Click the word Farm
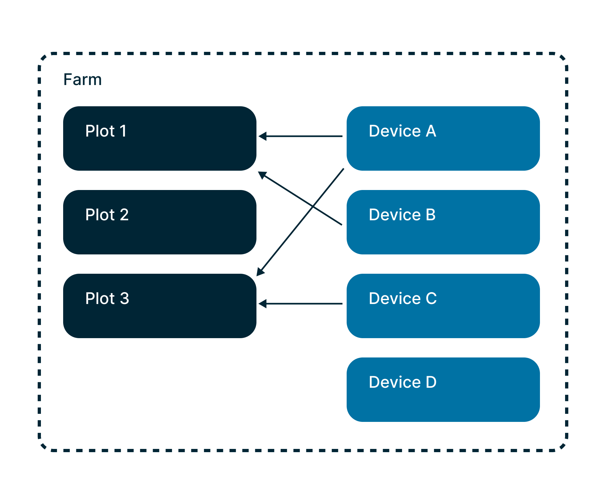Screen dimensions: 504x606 tap(82, 80)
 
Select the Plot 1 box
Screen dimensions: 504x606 tap(159, 138)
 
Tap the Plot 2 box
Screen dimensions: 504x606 tap(159, 222)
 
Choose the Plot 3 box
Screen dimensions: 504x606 tap(159, 306)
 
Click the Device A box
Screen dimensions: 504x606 tap(443, 138)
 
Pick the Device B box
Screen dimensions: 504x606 tap(443, 222)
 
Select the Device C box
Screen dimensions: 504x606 tap(443, 306)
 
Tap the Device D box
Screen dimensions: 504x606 tap(443, 390)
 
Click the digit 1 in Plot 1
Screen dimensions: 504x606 tap(123, 131)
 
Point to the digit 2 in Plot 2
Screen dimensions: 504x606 tap(124, 215)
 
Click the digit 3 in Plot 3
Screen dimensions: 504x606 tap(124, 299)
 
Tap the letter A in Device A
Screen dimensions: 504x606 tap(431, 131)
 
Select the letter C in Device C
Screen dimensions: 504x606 tap(431, 299)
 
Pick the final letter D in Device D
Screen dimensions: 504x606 tap(431, 382)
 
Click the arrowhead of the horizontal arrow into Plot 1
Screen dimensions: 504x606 tap(263, 136)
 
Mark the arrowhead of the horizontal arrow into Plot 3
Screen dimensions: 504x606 tap(263, 304)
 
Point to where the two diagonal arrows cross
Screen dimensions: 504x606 tap(313, 206)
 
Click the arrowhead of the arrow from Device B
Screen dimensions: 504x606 tap(262, 175)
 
